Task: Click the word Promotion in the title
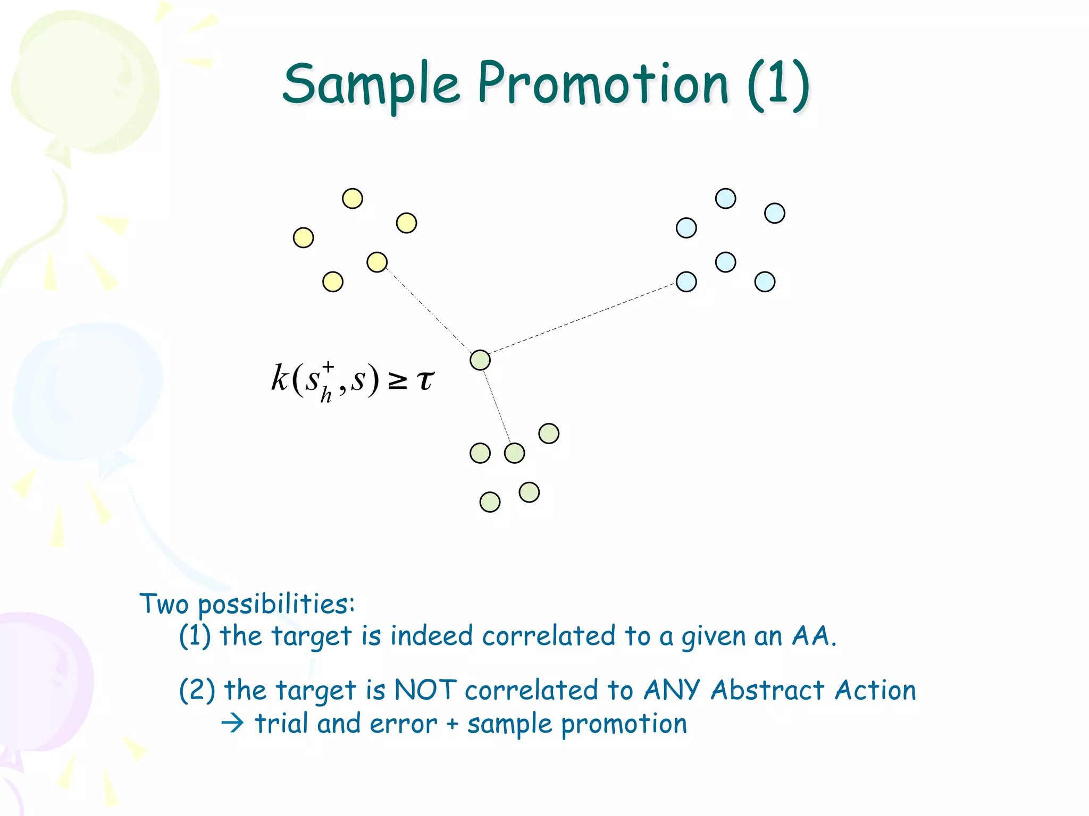pos(603,84)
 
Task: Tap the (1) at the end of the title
pos(778,85)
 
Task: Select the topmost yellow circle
pos(352,199)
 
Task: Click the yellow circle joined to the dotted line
pos(377,262)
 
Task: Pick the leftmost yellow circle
pos(303,237)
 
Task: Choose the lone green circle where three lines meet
pos(480,360)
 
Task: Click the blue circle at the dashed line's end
pos(686,282)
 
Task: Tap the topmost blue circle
pos(725,199)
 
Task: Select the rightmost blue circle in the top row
pos(774,214)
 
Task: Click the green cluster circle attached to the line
pos(514,453)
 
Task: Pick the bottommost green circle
pos(490,502)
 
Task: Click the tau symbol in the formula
pos(425,380)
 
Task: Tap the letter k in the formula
pos(280,378)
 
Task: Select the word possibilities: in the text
pos(276,605)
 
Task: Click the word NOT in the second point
pos(425,690)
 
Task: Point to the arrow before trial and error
pos(232,724)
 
